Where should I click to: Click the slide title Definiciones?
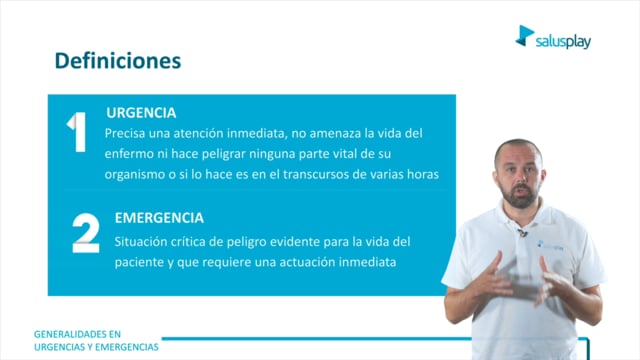[x=118, y=61]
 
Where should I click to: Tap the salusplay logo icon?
[x=524, y=36]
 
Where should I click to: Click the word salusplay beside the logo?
[x=563, y=41]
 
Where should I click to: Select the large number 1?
[x=77, y=132]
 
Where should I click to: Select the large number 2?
[x=86, y=233]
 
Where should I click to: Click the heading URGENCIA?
[x=141, y=113]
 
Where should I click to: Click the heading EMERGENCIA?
[x=159, y=218]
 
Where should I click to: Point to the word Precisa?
[x=124, y=133]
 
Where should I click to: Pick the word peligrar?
[x=224, y=155]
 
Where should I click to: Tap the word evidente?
[x=294, y=242]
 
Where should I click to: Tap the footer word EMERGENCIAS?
[x=127, y=347]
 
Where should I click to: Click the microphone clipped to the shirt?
[x=522, y=233]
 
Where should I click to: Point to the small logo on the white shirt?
[x=550, y=246]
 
